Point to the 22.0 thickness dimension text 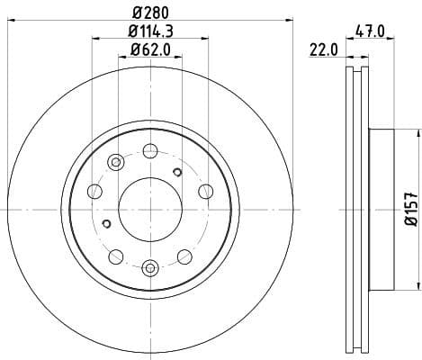[323, 50]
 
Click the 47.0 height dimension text [370, 31]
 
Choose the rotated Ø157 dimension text [409, 209]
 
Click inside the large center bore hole [149, 209]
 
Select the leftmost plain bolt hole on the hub [94, 191]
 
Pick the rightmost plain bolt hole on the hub [205, 191]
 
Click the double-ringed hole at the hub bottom [150, 266]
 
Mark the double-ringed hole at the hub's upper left [115, 162]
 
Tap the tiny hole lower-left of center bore [107, 224]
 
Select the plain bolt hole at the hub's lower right [184, 256]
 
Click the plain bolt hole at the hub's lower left [115, 256]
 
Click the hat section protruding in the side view [382, 209]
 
